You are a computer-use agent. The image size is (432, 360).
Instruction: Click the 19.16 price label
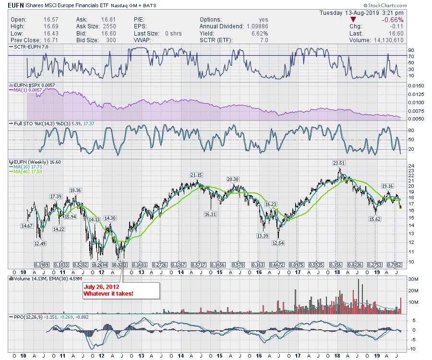coord(387,186)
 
